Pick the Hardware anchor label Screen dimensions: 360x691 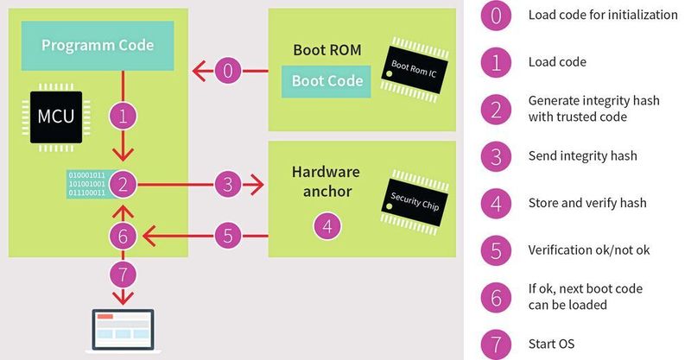326,181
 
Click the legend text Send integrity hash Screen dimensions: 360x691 581,156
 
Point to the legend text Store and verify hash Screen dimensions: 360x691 586,204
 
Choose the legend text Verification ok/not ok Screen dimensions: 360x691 589,250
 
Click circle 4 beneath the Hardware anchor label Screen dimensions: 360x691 326,225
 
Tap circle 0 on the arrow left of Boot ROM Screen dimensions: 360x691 228,70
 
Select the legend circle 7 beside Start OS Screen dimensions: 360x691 496,344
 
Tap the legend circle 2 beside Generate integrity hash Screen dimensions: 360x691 496,109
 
